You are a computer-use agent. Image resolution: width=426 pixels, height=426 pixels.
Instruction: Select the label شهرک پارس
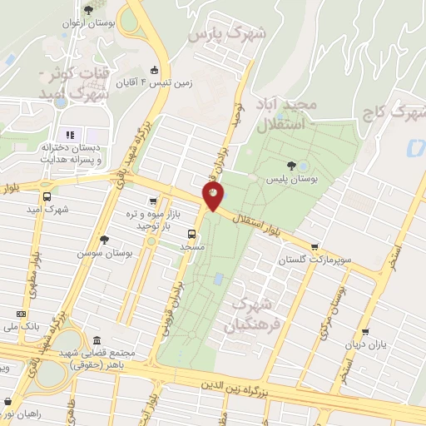(226, 35)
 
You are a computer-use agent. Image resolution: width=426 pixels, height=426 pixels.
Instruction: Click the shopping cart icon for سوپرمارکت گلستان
(315, 246)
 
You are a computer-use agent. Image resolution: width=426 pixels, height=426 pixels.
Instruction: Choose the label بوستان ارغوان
(87, 23)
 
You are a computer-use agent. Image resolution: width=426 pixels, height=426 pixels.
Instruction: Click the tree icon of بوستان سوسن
(103, 239)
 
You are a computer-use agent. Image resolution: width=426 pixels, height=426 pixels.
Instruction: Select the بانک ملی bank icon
(21, 314)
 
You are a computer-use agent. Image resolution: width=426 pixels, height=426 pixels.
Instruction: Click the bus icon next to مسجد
(191, 233)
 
